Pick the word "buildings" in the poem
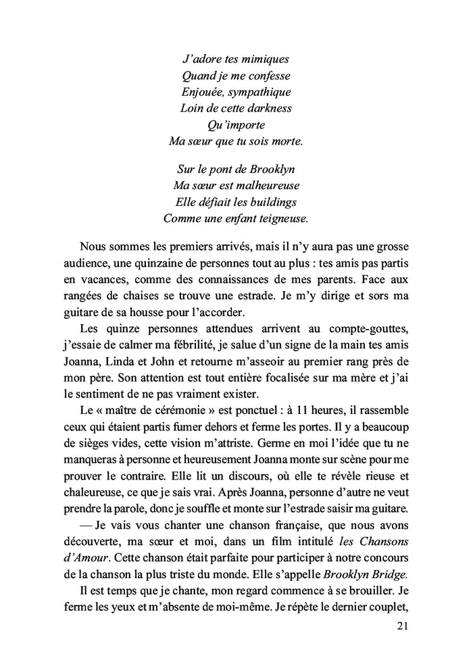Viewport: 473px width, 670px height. [x=268, y=201]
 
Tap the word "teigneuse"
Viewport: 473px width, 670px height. [x=278, y=217]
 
